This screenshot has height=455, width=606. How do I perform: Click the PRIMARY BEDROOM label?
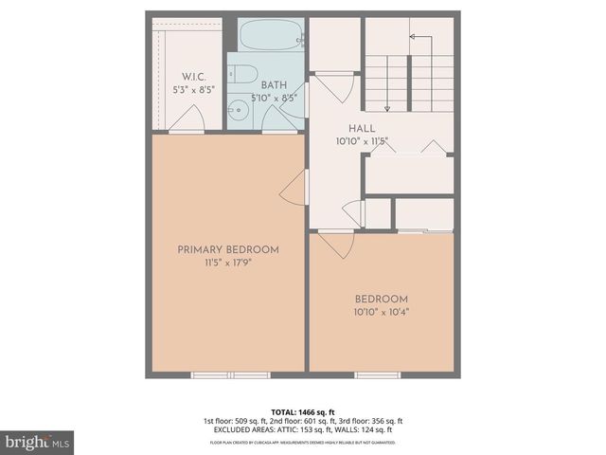click(x=228, y=249)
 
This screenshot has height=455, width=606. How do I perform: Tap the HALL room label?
click(x=362, y=128)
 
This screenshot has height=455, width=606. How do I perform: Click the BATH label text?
click(x=276, y=85)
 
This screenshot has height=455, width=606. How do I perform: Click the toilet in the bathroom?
click(x=244, y=74)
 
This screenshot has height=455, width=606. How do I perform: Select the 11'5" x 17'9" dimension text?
click(x=228, y=265)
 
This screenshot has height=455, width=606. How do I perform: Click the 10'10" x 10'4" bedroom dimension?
click(x=382, y=311)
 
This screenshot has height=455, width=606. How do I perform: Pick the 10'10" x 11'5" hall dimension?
click(x=362, y=141)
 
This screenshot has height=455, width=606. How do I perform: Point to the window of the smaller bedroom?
click(x=371, y=375)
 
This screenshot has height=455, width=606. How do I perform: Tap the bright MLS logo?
click(x=38, y=442)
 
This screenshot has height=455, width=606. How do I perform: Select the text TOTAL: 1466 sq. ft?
click(x=302, y=412)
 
